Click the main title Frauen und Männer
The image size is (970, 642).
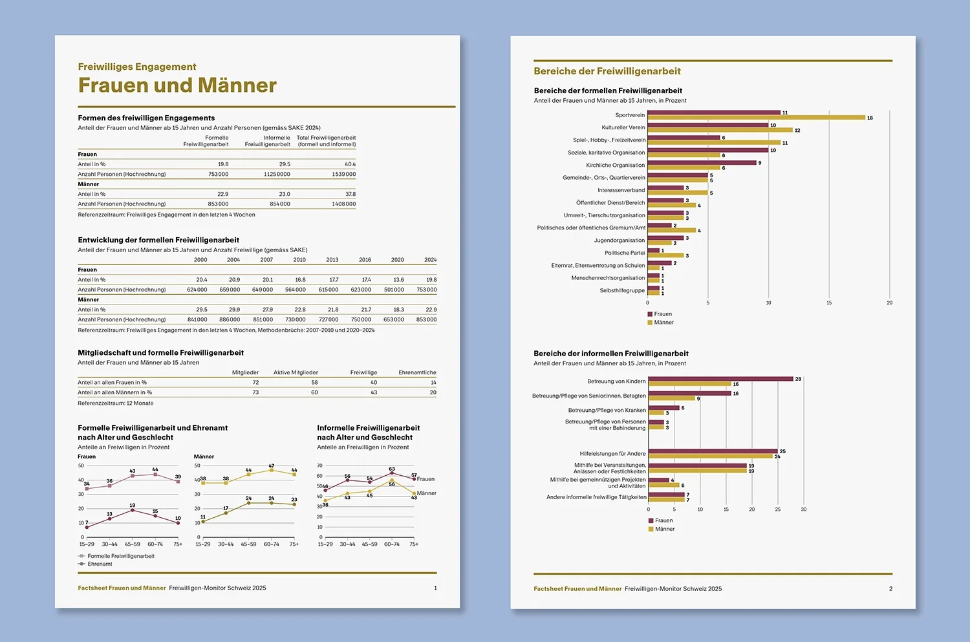pyautogui.click(x=177, y=85)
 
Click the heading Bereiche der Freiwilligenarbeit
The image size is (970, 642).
pyautogui.click(x=607, y=71)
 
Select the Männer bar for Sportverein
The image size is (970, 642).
pyautogui.click(x=756, y=118)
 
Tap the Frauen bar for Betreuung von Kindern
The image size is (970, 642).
pyautogui.click(x=720, y=379)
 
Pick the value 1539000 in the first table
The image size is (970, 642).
pyautogui.click(x=343, y=174)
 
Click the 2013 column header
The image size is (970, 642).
pyautogui.click(x=332, y=260)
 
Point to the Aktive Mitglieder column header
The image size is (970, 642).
pyautogui.click(x=296, y=372)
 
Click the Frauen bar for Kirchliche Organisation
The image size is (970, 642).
pyautogui.click(x=702, y=163)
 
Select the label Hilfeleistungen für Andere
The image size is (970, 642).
pyautogui.click(x=612, y=454)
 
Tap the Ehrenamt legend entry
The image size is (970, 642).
pyautogui.click(x=100, y=564)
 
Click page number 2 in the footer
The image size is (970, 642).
pyautogui.click(x=890, y=589)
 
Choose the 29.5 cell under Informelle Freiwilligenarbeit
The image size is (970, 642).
pyautogui.click(x=285, y=164)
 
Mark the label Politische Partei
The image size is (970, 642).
pyautogui.click(x=625, y=253)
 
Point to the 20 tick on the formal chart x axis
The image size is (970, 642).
pyautogui.click(x=889, y=303)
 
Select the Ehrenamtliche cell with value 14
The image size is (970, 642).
pyautogui.click(x=433, y=383)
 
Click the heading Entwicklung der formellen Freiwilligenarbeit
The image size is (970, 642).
pyautogui.click(x=158, y=240)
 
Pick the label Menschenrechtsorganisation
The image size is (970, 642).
pyautogui.click(x=608, y=278)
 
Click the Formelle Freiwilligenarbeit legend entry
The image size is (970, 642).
pyautogui.click(x=120, y=556)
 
